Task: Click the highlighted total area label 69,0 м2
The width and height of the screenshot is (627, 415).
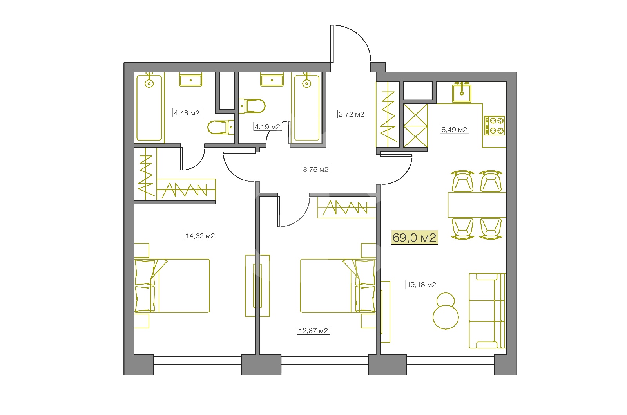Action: tap(414, 237)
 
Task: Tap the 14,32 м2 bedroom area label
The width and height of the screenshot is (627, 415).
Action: tap(200, 236)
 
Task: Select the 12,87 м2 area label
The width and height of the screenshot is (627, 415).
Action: tap(313, 330)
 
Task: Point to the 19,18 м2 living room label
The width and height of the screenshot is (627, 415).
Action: tap(422, 285)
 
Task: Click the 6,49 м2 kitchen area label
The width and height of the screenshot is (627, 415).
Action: tap(454, 130)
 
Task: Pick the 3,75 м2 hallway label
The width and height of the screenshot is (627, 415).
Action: tap(316, 170)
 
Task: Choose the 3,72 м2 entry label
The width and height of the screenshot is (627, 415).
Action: tap(352, 114)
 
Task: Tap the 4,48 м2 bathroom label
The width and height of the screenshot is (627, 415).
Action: tap(187, 113)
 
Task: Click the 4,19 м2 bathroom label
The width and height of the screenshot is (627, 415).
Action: tap(267, 127)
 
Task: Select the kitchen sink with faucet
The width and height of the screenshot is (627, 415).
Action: tap(462, 92)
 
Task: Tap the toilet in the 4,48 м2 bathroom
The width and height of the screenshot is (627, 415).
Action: tap(221, 127)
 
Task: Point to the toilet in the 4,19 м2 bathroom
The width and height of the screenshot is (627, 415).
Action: tap(252, 106)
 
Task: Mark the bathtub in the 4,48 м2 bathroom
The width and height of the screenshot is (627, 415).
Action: tap(149, 107)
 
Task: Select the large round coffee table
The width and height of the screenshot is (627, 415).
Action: tap(446, 317)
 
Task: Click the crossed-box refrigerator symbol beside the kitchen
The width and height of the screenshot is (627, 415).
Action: tap(416, 126)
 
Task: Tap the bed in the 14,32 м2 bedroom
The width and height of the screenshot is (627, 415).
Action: tap(172, 285)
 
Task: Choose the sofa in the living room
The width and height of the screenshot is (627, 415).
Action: tap(487, 311)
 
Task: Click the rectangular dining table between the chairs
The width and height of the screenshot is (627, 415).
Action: tap(477, 205)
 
